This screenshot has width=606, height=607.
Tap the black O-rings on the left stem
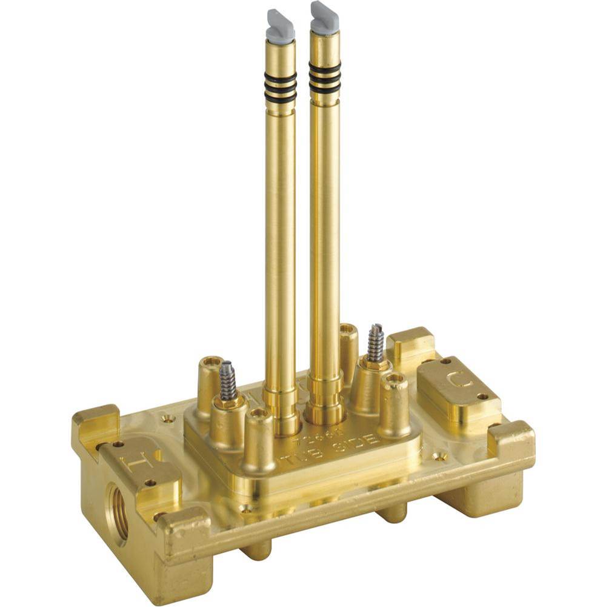[281, 87]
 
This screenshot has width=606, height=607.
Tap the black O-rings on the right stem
[325, 78]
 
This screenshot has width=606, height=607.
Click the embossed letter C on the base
[456, 381]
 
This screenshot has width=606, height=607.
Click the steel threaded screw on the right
[375, 342]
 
